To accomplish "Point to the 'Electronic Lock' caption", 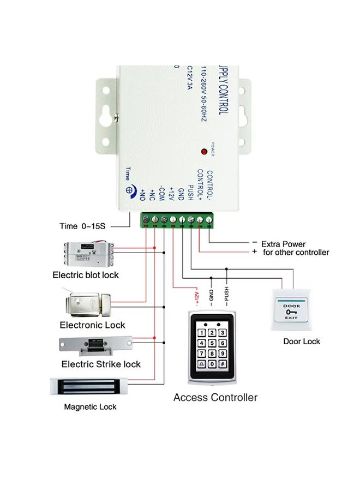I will tap(92, 325).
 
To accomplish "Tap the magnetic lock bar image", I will tap(90, 387).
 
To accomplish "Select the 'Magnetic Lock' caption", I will tap(90, 407).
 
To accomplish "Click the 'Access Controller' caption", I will tap(215, 397).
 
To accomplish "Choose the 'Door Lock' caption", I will tap(302, 342).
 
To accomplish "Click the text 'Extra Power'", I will tap(283, 244).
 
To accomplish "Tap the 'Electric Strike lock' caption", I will tap(101, 364).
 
